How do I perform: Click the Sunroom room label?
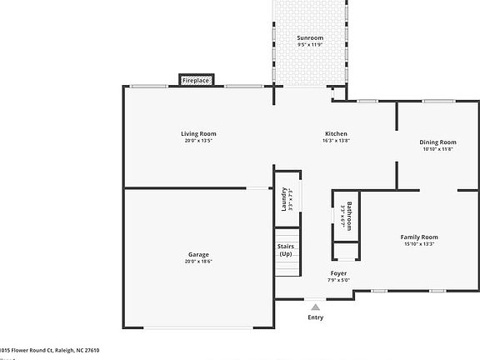coord(310,38)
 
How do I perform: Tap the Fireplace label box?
coord(197,81)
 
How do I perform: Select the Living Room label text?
coord(199,134)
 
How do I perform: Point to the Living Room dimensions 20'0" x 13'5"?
coord(199,141)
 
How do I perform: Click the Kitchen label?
coord(336,134)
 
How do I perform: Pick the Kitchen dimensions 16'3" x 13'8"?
coord(336,141)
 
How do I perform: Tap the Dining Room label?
coord(437,142)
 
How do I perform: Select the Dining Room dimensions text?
coord(437,149)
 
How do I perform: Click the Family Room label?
coord(419,237)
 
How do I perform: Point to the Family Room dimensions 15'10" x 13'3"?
coord(419,244)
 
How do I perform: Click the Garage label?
coord(198,254)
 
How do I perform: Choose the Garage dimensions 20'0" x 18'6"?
coord(198,261)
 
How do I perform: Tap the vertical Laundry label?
coord(284,200)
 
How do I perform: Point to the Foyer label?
coord(338,273)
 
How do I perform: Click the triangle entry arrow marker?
coord(315,307)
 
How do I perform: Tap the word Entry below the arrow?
coord(315,317)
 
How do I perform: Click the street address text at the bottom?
coord(49,351)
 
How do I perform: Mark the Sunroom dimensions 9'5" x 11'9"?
coord(310,45)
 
